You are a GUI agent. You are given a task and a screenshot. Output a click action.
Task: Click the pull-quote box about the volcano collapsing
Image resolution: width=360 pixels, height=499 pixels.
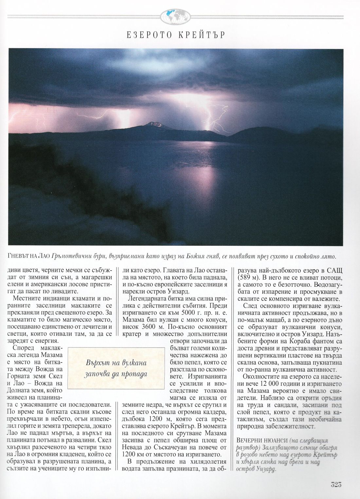116,368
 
